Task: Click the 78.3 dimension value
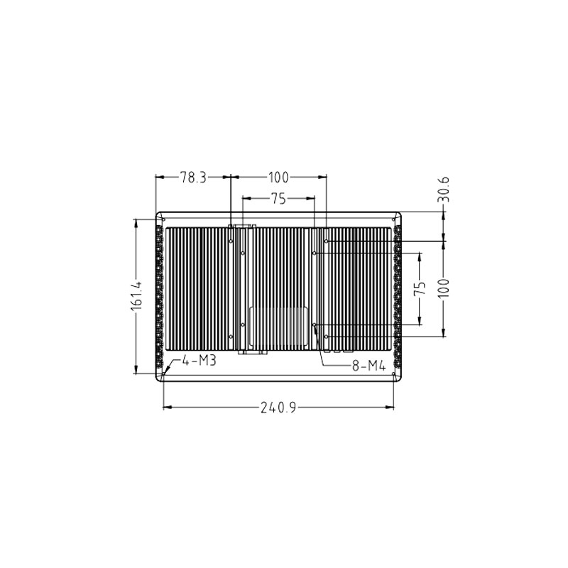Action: pos(192,177)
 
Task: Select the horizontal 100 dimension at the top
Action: pos(278,177)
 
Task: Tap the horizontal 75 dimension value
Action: pos(278,200)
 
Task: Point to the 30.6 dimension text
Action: pos(444,190)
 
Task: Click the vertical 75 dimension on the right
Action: pos(420,288)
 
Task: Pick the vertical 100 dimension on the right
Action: pos(444,288)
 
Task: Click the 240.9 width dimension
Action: pos(278,408)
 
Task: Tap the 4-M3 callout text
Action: pos(199,361)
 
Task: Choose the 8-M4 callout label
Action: pos(368,366)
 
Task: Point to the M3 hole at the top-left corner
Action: pos(165,220)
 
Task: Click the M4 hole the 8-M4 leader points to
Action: pos(314,324)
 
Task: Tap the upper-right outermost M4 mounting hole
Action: pos(325,241)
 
